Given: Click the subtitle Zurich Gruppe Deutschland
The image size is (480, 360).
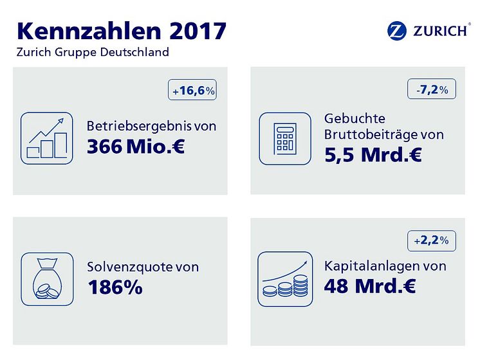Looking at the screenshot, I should (93, 52).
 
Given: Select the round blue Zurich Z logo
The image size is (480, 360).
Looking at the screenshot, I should (396, 30).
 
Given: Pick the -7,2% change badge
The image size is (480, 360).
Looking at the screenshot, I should (432, 88).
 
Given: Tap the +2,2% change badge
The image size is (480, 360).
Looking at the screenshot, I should (432, 240).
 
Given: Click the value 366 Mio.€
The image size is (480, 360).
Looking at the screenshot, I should (136, 147).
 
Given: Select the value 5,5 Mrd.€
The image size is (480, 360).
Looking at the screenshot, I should (374, 154).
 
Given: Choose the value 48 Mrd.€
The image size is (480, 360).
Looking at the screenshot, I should (370, 285).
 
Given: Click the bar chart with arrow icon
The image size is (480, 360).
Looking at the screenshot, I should (46, 138).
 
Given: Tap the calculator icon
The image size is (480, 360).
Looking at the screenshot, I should (284, 138).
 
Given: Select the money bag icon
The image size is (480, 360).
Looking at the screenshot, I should (46, 278).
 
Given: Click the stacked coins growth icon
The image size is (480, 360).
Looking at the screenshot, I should (284, 278).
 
